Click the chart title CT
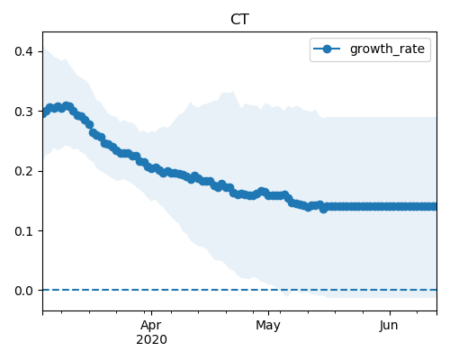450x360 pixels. pos(239,20)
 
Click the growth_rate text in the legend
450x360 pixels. pos(387,49)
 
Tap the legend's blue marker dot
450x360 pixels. pos(327,49)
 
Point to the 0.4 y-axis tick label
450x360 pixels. pos(23,51)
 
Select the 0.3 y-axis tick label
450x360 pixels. pos(23,112)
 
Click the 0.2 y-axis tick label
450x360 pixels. pos(23,171)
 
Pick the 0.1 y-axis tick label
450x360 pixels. pos(23,231)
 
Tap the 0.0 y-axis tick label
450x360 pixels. pos(23,291)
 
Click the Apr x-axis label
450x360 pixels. pos(151,326)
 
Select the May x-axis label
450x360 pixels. pos(268,326)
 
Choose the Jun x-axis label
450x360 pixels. pos(389,326)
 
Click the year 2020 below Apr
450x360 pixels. pos(151,340)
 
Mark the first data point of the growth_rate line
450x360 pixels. pos(44,113)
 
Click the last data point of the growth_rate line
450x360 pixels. pos(435,206)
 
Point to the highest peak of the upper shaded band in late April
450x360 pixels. pos(233,92)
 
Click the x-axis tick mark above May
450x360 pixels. pos(268,313)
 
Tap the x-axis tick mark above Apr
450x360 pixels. pos(151,313)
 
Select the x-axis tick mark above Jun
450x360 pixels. pos(390,313)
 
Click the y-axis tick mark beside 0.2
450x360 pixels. pos(40,171)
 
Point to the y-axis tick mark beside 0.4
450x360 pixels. pos(40,51)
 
